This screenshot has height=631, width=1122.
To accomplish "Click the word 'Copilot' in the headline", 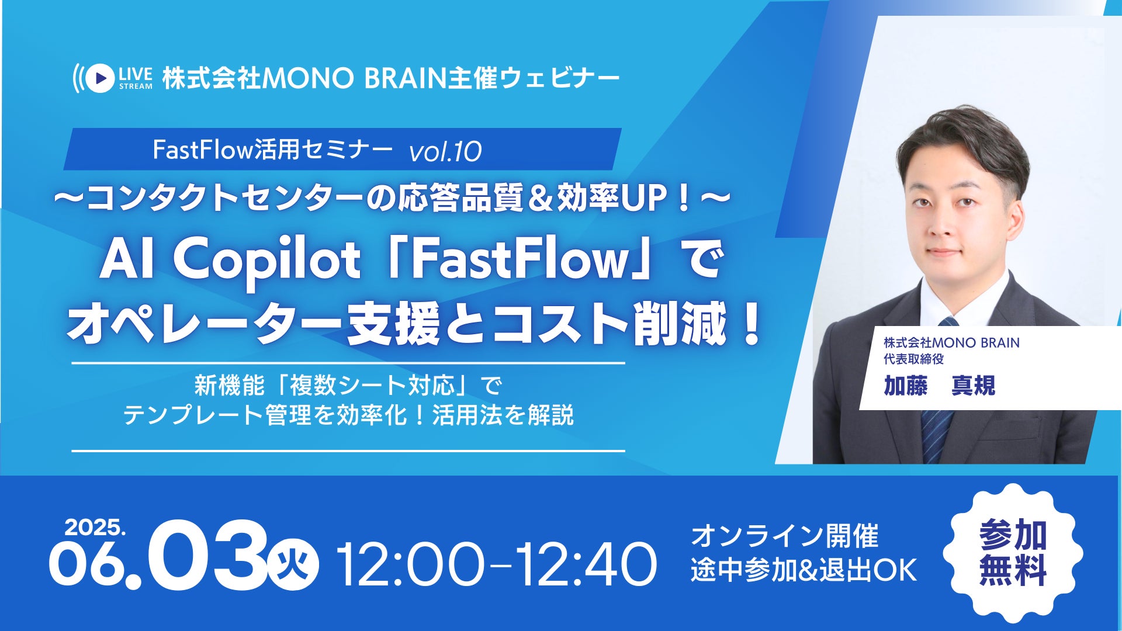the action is [267, 262].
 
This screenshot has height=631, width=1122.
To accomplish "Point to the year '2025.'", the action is [95, 528].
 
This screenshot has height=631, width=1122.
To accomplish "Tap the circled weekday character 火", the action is [293, 564].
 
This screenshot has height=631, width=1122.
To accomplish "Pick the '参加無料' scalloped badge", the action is [1013, 552].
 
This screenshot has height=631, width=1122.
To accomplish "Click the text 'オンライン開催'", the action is [785, 536].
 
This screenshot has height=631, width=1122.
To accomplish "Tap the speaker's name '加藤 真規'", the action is [939, 386].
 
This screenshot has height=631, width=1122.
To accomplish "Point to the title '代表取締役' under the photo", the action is [913, 359].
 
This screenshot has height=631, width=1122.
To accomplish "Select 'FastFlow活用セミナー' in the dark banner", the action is [272, 150].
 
